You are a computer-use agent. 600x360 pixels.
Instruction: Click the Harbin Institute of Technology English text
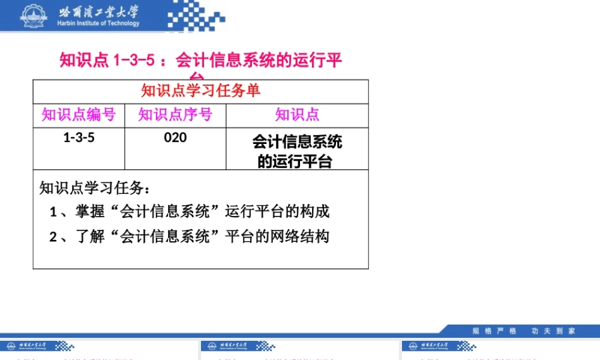click(x=98, y=23)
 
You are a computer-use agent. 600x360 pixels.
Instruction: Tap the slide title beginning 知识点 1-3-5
click(x=200, y=61)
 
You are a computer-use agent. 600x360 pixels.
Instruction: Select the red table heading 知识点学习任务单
click(x=200, y=91)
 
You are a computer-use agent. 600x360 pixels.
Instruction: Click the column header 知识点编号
click(x=79, y=115)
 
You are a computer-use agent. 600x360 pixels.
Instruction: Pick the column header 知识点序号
click(x=175, y=115)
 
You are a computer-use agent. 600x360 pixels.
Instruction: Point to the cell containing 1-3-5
click(x=79, y=138)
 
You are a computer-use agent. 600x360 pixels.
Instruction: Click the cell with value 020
click(x=175, y=138)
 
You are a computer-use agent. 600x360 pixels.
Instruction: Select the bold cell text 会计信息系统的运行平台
click(x=297, y=151)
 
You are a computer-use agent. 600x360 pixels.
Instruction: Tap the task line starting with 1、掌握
click(x=190, y=212)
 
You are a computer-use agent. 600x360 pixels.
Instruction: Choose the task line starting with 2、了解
click(x=190, y=236)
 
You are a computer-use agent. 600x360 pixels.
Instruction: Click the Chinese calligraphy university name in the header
click(x=98, y=11)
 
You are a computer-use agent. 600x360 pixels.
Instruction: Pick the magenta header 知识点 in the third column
click(x=297, y=115)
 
